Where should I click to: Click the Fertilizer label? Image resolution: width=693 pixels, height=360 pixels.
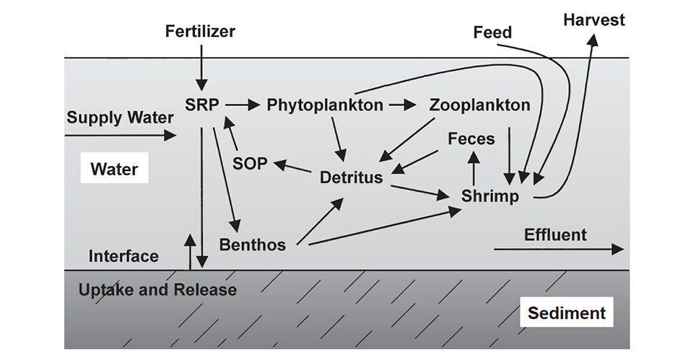point(200,32)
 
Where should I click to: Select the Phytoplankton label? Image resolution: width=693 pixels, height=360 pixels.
point(325,105)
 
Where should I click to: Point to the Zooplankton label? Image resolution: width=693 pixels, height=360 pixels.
point(479,105)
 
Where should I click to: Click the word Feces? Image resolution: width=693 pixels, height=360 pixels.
point(471,139)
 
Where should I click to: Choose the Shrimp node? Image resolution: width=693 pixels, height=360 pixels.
point(490,196)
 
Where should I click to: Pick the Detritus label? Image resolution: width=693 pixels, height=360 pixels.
point(352,177)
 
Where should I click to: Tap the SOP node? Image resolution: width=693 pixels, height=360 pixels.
point(250,164)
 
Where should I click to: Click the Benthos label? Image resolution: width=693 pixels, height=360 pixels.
point(253,245)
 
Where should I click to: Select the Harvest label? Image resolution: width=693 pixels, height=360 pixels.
point(594,20)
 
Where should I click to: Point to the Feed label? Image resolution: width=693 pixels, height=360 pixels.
point(492,32)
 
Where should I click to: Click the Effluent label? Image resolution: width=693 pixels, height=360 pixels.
point(555,235)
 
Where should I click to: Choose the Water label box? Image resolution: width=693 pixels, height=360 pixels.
point(114,170)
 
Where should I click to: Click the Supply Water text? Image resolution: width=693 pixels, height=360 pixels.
point(121,118)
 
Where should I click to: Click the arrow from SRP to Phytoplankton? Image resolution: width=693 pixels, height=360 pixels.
point(242,105)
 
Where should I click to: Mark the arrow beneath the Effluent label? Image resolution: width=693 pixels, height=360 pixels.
point(559,249)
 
